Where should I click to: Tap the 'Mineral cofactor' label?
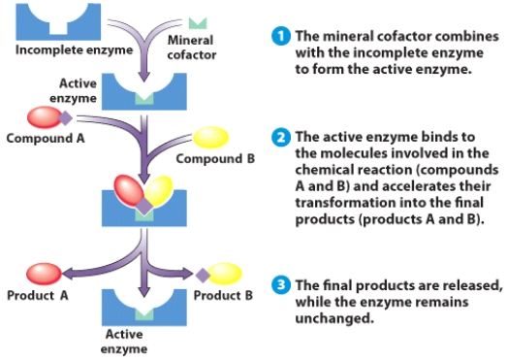pos(191,47)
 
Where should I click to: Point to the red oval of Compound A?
pos(41,117)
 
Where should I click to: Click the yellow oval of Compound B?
pos(214,139)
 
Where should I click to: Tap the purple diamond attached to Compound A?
pos(66,118)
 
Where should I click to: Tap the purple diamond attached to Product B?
pos(203,274)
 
